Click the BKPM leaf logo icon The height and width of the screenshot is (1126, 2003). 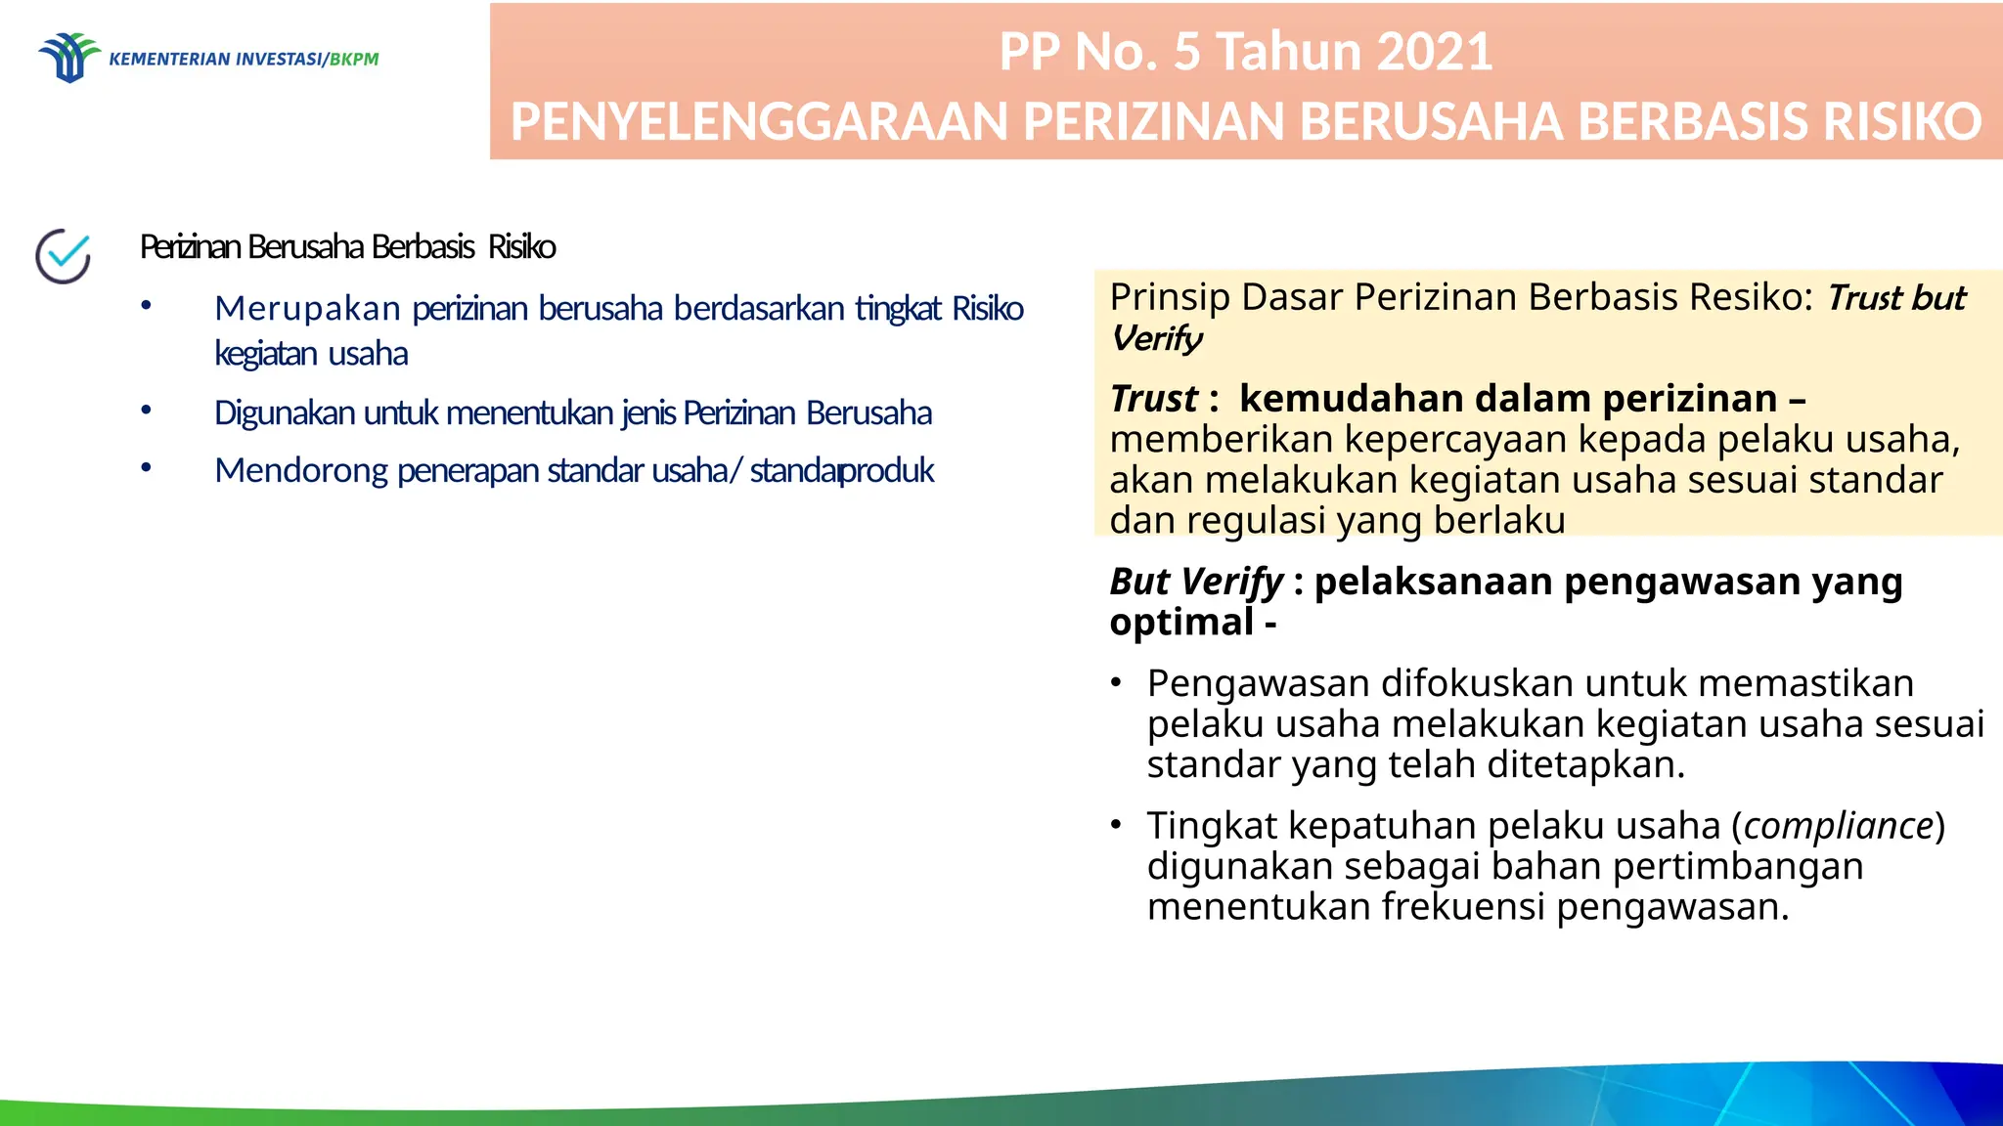click(x=68, y=58)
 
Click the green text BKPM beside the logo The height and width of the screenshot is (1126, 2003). click(x=354, y=60)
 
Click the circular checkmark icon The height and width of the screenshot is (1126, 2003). click(x=64, y=256)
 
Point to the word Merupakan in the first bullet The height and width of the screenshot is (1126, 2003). click(x=307, y=309)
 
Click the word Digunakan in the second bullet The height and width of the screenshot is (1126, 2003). click(x=285, y=413)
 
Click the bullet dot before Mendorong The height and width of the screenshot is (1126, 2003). click(x=146, y=468)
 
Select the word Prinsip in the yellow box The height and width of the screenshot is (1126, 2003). click(x=1170, y=297)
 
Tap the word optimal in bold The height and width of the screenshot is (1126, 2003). click(x=1181, y=623)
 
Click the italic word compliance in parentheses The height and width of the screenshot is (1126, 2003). click(x=1839, y=826)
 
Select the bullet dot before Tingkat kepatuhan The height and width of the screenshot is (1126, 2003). click(x=1116, y=825)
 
